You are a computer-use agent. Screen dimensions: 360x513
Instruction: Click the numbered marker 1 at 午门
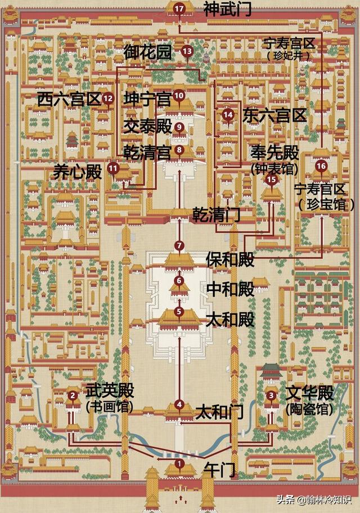click(179, 463)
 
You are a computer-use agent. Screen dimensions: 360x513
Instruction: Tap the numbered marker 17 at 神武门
click(179, 8)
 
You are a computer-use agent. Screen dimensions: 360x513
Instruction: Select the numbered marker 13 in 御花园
click(187, 51)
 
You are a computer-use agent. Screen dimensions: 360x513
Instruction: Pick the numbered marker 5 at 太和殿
click(179, 311)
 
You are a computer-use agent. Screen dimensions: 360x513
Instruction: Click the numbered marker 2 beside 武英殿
click(72, 395)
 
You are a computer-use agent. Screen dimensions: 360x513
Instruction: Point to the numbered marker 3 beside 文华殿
click(272, 395)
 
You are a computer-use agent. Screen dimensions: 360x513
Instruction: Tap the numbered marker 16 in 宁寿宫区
click(321, 166)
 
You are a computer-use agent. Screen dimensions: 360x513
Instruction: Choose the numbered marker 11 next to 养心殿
click(113, 167)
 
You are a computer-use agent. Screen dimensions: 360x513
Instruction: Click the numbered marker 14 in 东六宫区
click(228, 115)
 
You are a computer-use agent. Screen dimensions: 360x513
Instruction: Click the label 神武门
click(219, 9)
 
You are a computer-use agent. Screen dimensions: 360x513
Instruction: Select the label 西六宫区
click(68, 100)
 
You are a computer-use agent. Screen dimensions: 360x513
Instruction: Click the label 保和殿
click(230, 259)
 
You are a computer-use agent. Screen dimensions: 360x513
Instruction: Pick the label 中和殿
click(230, 289)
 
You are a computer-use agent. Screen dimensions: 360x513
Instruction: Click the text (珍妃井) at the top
click(289, 56)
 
